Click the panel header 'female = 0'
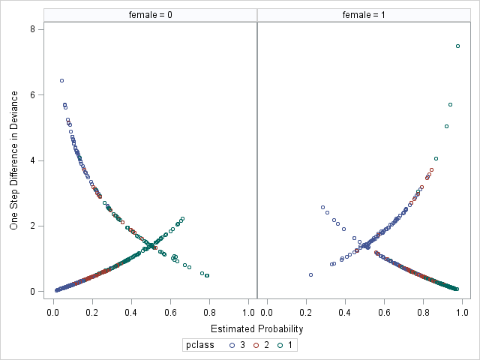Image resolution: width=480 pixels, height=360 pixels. point(150,14)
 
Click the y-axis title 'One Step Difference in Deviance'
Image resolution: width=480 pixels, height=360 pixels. point(14,160)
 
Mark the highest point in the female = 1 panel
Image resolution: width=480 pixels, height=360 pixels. point(457,46)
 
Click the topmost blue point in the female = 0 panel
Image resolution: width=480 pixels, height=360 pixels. point(61,80)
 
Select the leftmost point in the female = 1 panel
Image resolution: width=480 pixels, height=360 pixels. point(310,274)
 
